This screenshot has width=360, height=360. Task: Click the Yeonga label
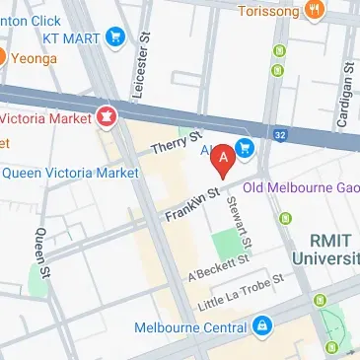[35, 57]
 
